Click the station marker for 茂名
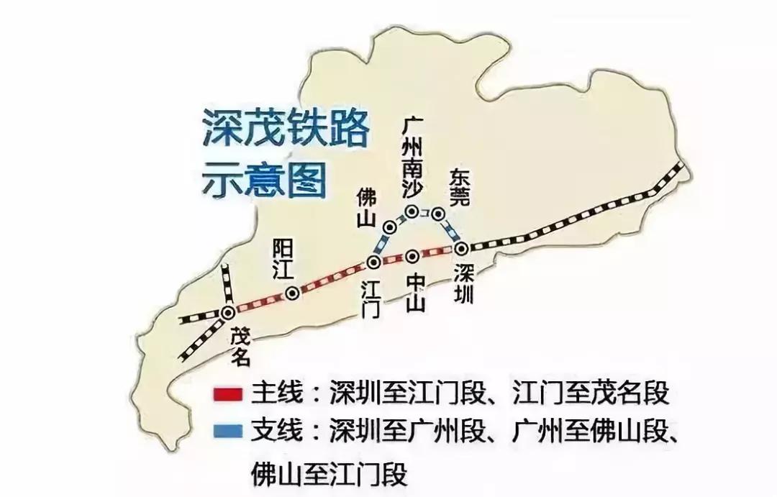(x=228, y=312)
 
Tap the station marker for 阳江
(x=292, y=293)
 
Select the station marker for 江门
(x=374, y=262)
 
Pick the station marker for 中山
(x=412, y=256)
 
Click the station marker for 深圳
(x=461, y=248)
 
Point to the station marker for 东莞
(x=438, y=214)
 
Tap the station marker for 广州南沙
(x=412, y=211)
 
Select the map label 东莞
(x=459, y=189)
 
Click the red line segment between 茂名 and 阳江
(x=259, y=303)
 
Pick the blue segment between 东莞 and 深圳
(x=450, y=232)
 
